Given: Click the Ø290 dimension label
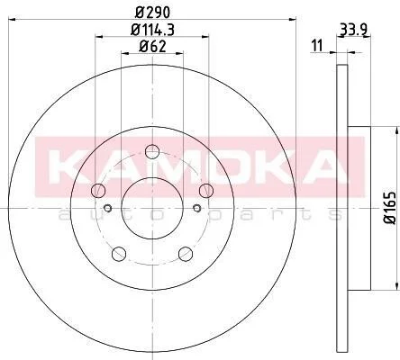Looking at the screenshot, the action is (152, 13).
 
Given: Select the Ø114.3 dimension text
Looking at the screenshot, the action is (152, 30).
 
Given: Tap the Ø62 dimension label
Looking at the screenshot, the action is (152, 47).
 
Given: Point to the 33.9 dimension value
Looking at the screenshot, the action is (354, 30).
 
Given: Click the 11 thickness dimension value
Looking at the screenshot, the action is (317, 45).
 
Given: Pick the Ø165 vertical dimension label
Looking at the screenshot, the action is (390, 208).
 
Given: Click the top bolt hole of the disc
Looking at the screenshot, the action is (152, 151).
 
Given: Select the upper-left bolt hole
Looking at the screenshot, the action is (98, 191).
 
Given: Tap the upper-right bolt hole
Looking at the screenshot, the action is (206, 191).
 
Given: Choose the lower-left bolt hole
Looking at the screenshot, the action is (119, 254).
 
